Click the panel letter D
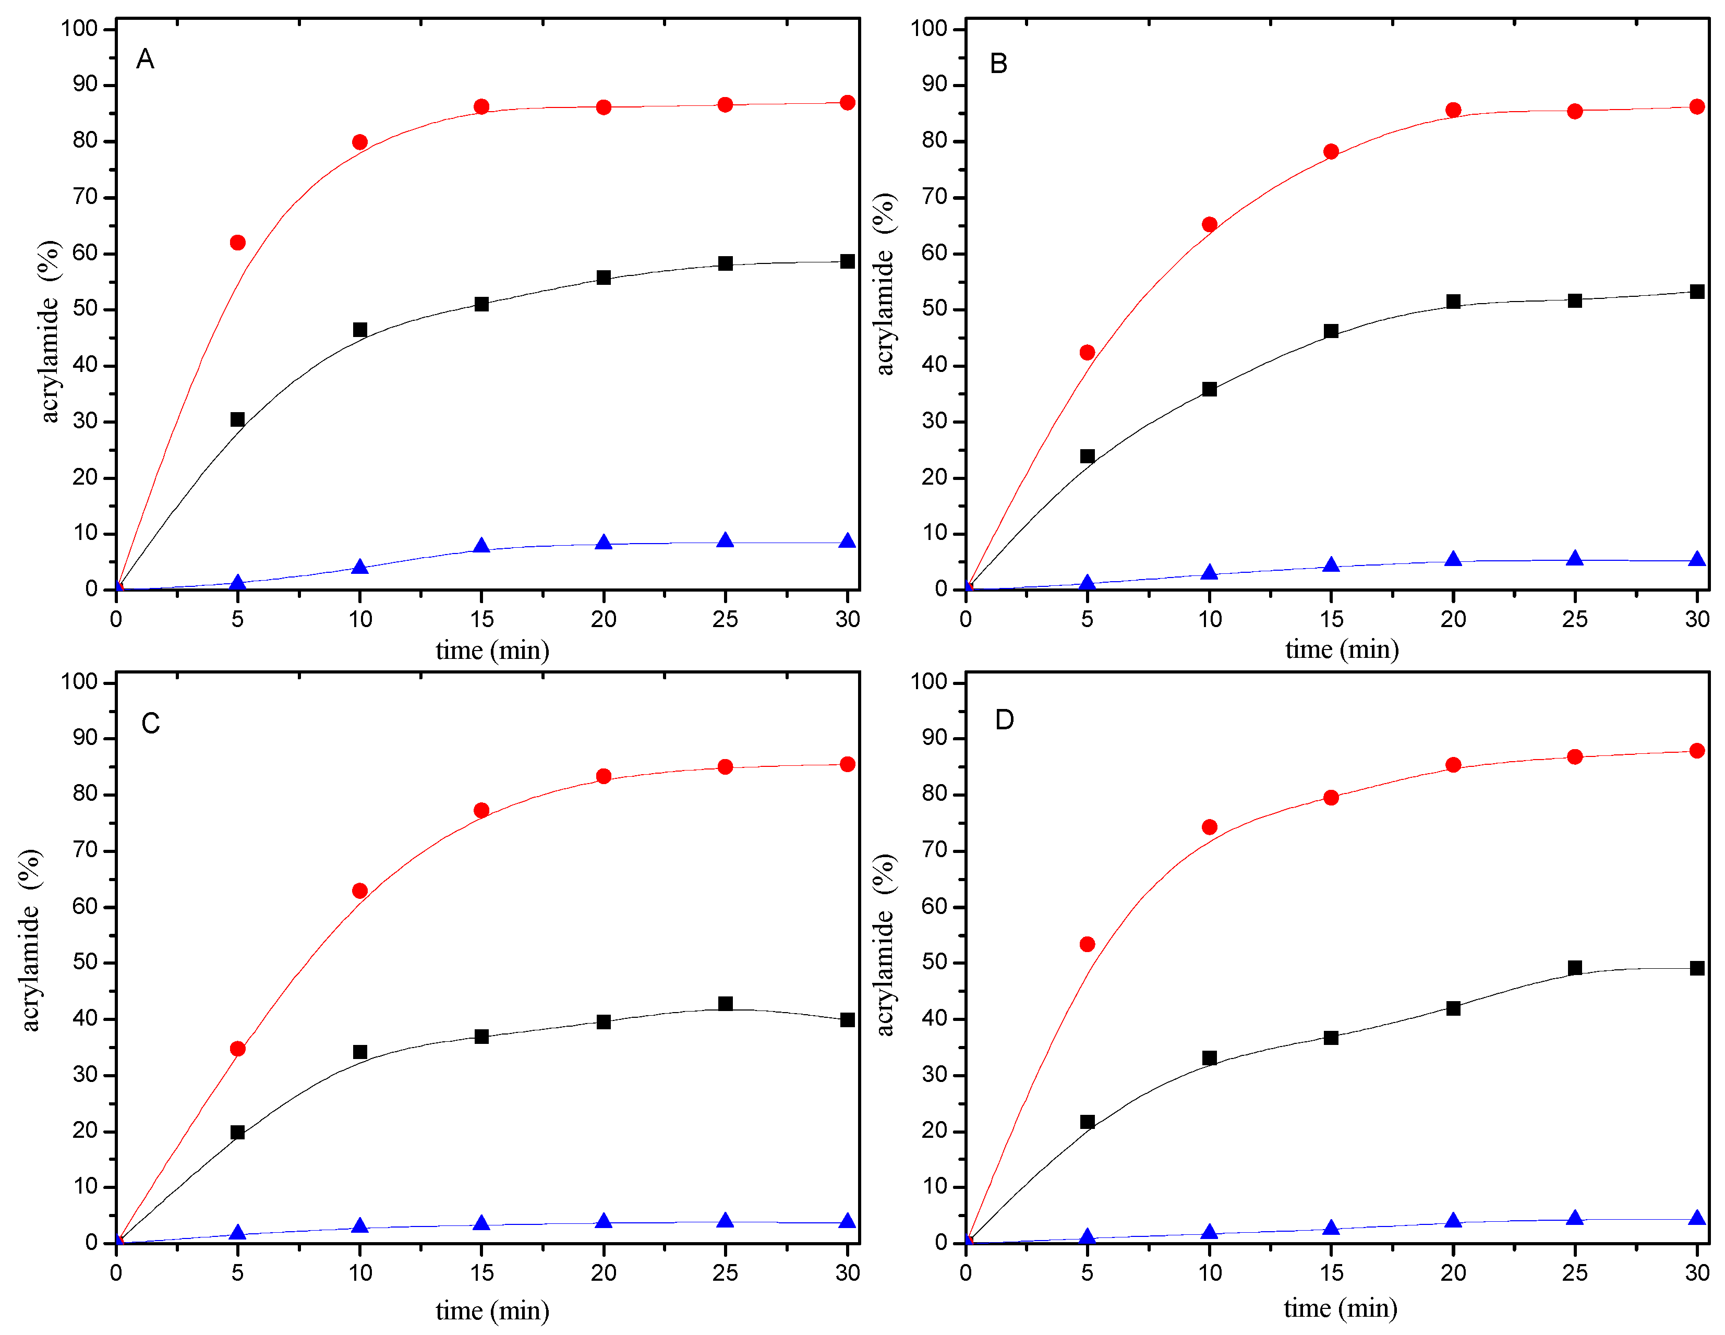click(1004, 719)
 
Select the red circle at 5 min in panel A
click(238, 243)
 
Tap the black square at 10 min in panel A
click(360, 329)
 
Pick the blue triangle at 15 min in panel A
click(482, 546)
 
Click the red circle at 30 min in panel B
click(1696, 106)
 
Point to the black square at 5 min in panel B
click(1088, 456)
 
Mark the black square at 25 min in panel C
click(725, 1003)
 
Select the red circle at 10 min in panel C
click(360, 891)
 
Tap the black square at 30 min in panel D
click(1696, 968)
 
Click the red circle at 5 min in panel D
click(1088, 944)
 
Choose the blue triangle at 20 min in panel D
click(1453, 1220)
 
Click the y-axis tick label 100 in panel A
click(79, 29)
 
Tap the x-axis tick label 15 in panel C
click(482, 1272)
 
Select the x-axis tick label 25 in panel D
click(1574, 1272)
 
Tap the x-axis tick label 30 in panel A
click(848, 619)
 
